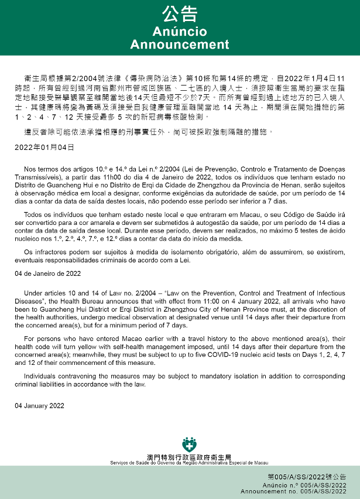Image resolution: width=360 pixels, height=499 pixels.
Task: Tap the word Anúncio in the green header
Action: [180, 31]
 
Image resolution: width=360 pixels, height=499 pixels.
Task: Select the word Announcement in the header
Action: [180, 45]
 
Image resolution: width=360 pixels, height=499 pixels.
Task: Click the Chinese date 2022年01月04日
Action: [44, 146]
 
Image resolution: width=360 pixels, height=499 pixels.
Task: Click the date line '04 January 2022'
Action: [39, 405]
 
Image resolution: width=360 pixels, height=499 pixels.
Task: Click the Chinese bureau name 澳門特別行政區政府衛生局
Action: [189, 456]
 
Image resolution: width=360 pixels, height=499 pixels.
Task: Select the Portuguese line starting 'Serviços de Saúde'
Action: [188, 463]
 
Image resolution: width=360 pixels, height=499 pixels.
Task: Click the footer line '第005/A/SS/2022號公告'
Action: [307, 478]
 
